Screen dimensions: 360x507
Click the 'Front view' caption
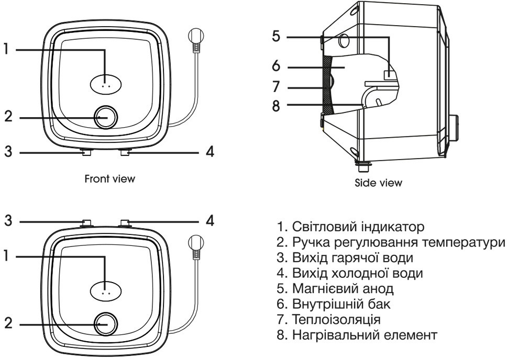point(109,179)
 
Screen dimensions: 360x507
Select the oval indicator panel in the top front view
point(106,83)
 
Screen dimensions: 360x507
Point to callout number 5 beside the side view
point(277,37)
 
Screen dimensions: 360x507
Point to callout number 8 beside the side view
point(277,105)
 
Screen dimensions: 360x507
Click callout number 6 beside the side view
point(277,66)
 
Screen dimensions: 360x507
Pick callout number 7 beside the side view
point(277,86)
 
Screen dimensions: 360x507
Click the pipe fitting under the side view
point(361,166)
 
